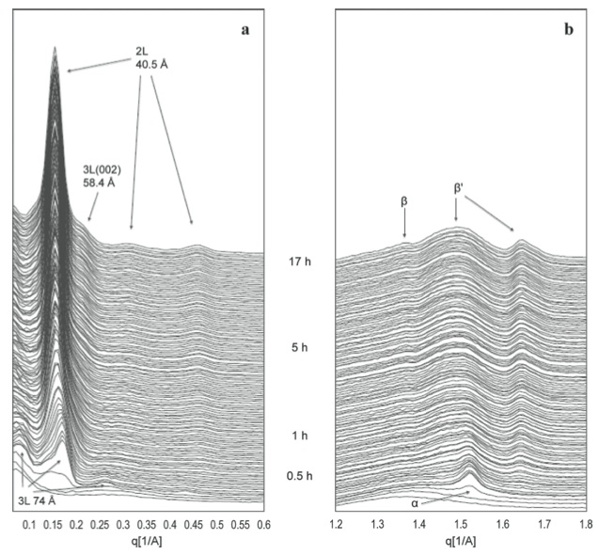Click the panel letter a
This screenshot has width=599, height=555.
point(244,29)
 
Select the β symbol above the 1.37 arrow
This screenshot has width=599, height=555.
point(404,201)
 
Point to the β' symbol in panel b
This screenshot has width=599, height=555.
point(460,188)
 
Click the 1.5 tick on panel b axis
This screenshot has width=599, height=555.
point(460,524)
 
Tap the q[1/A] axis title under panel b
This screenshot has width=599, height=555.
point(460,541)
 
